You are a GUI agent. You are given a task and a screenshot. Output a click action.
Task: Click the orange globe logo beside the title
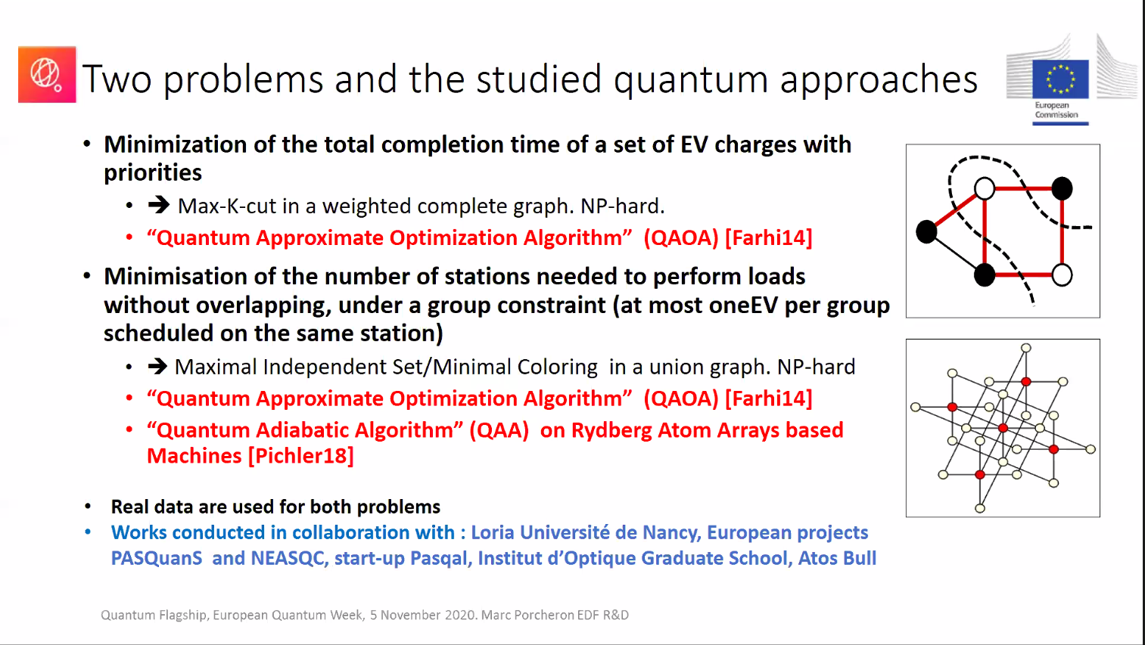(x=47, y=74)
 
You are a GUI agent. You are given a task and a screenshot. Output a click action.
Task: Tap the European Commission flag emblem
(x=1060, y=79)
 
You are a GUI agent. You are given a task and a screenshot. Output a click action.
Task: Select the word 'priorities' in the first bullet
(x=153, y=173)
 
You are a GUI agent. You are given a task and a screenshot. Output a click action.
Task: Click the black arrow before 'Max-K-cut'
(x=158, y=205)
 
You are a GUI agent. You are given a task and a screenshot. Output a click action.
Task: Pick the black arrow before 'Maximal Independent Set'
(x=157, y=367)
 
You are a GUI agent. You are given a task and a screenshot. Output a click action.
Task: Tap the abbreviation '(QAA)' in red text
(x=499, y=430)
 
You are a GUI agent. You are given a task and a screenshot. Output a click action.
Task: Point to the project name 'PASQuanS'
(x=157, y=559)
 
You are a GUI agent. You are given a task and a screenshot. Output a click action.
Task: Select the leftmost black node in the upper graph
(x=926, y=231)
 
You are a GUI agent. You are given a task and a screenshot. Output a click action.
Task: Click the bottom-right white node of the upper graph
(x=1062, y=274)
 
